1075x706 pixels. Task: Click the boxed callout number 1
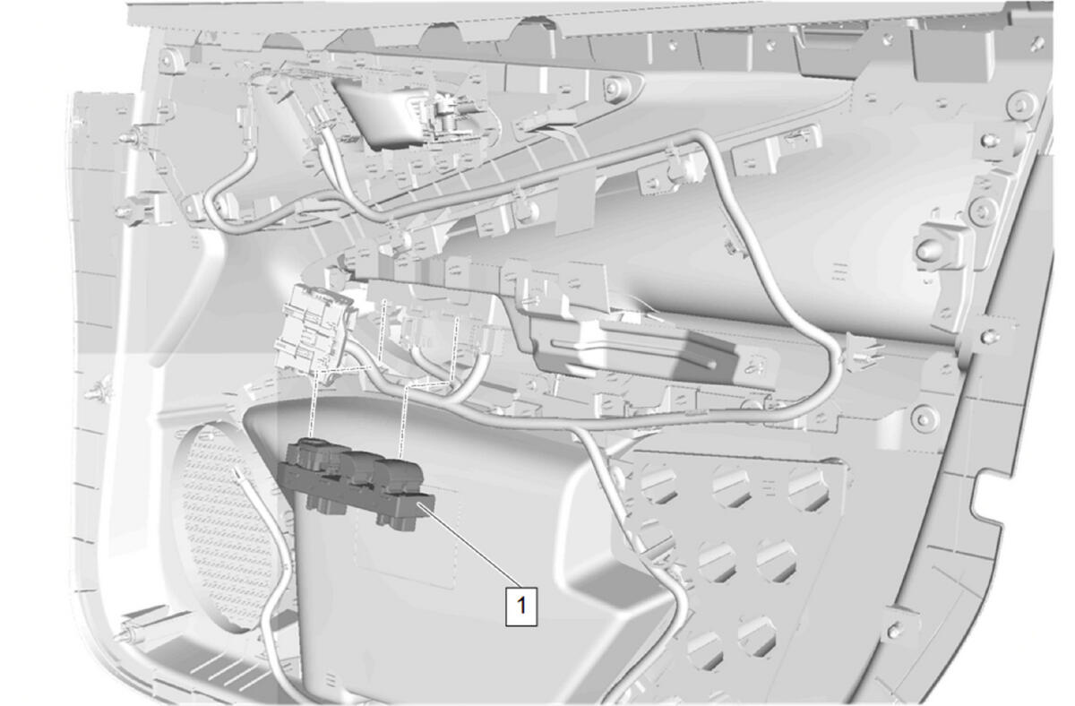click(x=521, y=606)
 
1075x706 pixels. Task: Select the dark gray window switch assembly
click(x=356, y=482)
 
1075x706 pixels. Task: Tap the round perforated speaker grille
click(x=226, y=527)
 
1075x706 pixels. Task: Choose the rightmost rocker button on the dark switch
click(x=400, y=473)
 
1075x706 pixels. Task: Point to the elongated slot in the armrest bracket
click(x=633, y=354)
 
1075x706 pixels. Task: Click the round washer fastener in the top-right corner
click(x=1023, y=103)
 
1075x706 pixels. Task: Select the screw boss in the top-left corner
click(x=165, y=61)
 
